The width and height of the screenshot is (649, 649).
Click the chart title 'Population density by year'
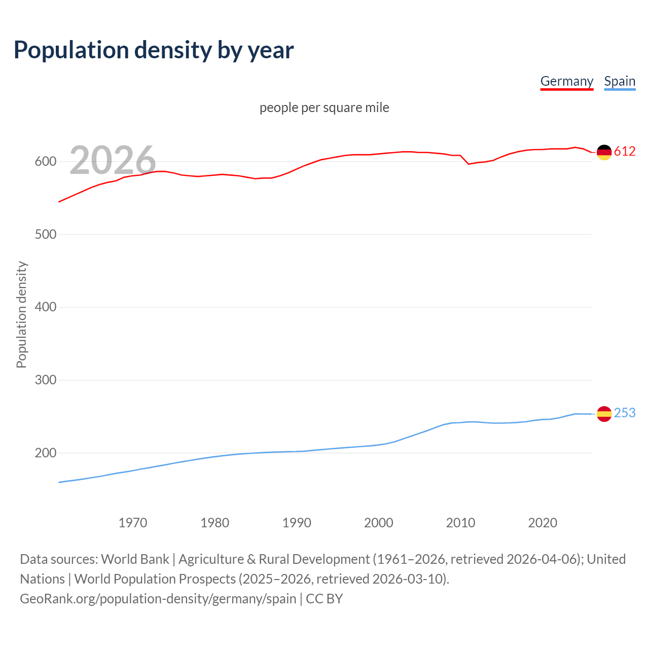click(154, 50)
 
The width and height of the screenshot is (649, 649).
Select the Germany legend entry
click(566, 81)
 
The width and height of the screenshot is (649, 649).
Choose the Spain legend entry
click(620, 81)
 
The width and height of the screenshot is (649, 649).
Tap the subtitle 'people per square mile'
click(324, 107)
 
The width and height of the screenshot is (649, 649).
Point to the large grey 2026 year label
click(113, 160)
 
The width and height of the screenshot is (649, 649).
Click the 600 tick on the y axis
click(45, 162)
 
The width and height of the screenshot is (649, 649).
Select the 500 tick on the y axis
click(45, 234)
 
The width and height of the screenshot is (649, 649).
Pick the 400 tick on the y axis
click(45, 307)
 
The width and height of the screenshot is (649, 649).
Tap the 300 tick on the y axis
click(45, 380)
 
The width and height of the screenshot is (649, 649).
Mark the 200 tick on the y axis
click(45, 453)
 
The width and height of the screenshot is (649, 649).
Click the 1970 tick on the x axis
click(133, 523)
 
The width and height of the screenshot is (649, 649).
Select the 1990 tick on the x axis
click(297, 523)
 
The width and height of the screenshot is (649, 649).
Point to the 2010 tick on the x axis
click(460, 523)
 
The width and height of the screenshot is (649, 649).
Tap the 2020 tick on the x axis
click(543, 523)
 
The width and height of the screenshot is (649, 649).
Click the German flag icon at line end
click(604, 152)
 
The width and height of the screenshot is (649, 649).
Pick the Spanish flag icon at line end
click(604, 414)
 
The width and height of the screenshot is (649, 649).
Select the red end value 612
click(625, 152)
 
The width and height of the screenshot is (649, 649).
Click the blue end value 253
click(625, 413)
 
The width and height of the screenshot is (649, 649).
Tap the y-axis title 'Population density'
click(21, 314)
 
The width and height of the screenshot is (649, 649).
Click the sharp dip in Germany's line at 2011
click(468, 164)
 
